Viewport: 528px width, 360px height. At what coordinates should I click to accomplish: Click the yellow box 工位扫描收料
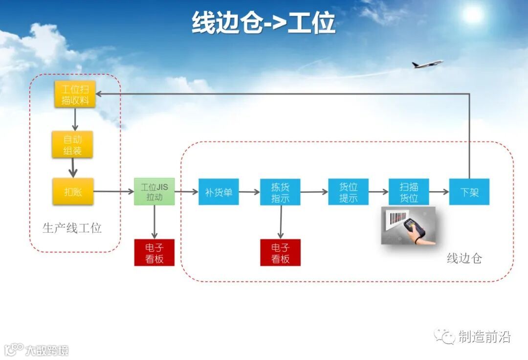coord(75,94)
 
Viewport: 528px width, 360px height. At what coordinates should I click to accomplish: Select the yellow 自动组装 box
coord(72,145)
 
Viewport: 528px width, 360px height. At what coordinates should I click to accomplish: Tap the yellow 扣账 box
coord(72,192)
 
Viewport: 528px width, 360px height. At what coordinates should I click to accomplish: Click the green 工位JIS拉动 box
coord(154,192)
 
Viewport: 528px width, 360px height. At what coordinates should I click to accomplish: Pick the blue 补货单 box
coord(219,192)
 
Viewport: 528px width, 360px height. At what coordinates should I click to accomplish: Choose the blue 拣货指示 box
coord(280,192)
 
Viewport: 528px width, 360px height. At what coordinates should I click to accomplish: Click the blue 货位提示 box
coord(348,192)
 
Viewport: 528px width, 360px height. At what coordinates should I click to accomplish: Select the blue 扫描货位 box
coord(409,192)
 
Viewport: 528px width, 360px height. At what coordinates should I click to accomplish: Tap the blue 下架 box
coord(469,192)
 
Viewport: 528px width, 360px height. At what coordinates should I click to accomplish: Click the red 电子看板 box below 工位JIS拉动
coord(154,252)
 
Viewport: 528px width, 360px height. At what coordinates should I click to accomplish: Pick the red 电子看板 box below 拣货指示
coord(280,252)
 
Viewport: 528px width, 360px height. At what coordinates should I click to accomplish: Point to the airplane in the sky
coord(427,64)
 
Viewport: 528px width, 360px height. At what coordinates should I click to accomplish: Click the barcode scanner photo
coord(408,225)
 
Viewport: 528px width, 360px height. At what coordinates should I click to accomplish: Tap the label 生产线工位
coord(72,228)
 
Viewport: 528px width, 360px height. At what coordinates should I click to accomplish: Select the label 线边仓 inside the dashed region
coord(464,258)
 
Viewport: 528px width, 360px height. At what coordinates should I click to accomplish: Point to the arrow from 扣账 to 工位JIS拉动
coord(113,192)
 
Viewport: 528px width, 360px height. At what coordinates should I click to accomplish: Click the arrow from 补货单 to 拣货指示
coord(249,192)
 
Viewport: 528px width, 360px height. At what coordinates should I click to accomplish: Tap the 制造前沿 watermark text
coord(484,337)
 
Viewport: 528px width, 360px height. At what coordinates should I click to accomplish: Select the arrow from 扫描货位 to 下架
coord(439,192)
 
